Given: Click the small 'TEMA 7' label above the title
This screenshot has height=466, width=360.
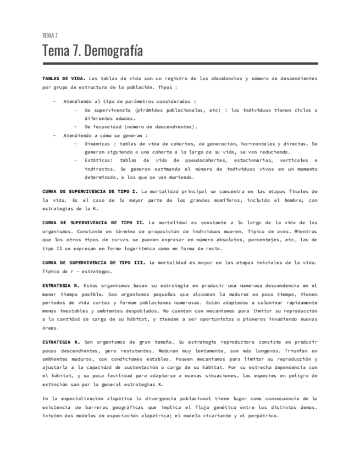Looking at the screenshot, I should click(50, 36).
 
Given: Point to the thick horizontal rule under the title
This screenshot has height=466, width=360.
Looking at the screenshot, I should click(180, 64).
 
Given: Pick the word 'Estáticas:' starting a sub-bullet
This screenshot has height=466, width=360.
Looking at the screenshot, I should click(99, 160).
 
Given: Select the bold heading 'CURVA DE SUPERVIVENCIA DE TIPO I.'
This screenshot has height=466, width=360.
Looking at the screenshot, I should click(90, 192).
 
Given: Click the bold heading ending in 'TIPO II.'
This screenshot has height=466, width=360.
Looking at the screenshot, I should click(93, 223).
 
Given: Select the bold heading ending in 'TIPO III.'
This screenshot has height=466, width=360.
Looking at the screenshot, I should click(94, 263).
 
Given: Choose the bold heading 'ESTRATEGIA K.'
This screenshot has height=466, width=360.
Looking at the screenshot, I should click(61, 342).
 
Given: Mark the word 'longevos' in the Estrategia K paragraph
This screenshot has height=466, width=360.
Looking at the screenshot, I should click(283, 350).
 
